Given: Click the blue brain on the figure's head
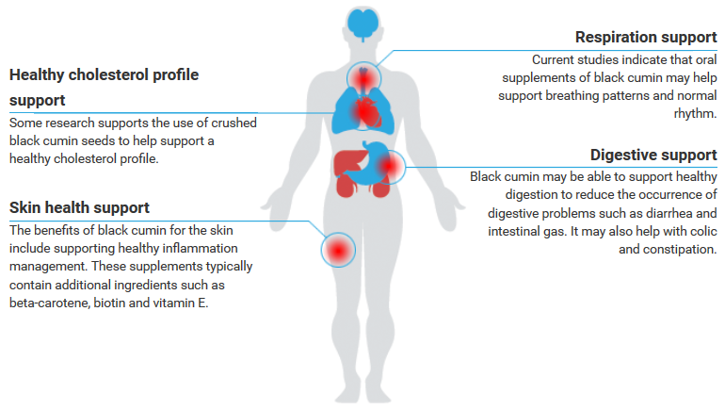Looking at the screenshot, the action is pyautogui.click(x=362, y=24).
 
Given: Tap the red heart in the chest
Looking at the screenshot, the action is pyautogui.click(x=366, y=111).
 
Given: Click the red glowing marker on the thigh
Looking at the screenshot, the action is pyautogui.click(x=338, y=251).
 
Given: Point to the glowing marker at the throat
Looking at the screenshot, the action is pyautogui.click(x=363, y=78).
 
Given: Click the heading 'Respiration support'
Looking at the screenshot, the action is pyautogui.click(x=646, y=37).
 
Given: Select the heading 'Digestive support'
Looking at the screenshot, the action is pyautogui.click(x=653, y=155).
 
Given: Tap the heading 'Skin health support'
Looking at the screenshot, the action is pyautogui.click(x=79, y=207).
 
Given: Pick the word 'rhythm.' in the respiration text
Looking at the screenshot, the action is pyautogui.click(x=695, y=113).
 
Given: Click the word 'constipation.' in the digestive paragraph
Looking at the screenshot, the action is pyautogui.click(x=668, y=250).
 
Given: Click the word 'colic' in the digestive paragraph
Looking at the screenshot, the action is pyautogui.click(x=703, y=231).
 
